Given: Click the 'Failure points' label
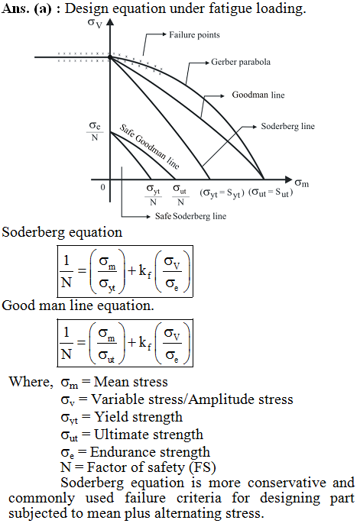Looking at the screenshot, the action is [194, 35].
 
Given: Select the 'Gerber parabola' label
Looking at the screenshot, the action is [241, 62].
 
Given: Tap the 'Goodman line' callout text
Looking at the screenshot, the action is [258, 95].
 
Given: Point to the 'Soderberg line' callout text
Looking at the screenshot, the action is [288, 127].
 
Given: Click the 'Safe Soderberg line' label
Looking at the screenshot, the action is [191, 216].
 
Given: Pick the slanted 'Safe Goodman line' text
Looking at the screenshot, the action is [149, 147].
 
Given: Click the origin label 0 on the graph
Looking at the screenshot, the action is [103, 187].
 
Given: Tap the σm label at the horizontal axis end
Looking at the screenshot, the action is [301, 183].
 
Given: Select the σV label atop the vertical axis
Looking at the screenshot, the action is [95, 24].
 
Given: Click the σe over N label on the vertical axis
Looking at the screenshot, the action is [95, 131].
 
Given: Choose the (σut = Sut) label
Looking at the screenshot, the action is [271, 192].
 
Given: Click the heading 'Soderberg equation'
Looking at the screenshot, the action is [62, 233].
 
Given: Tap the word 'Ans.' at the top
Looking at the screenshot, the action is [15, 8].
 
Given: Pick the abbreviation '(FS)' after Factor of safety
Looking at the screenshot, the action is [203, 467].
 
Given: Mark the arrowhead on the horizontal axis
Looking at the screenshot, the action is [288, 179].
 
